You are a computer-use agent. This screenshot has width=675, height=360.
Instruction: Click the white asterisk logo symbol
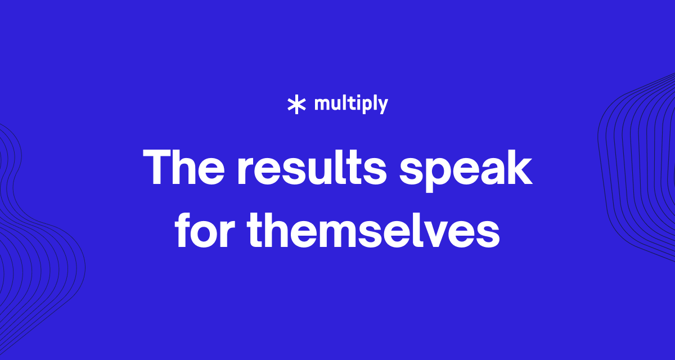[297, 105]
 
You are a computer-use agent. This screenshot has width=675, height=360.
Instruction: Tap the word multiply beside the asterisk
[351, 104]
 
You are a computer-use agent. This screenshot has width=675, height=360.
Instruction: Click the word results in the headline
[312, 166]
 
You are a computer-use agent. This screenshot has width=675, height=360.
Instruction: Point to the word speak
[466, 170]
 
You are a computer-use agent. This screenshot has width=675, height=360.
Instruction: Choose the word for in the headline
[205, 229]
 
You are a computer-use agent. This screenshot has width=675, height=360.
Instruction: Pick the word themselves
[373, 229]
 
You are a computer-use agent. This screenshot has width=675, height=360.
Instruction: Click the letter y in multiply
[381, 107]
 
